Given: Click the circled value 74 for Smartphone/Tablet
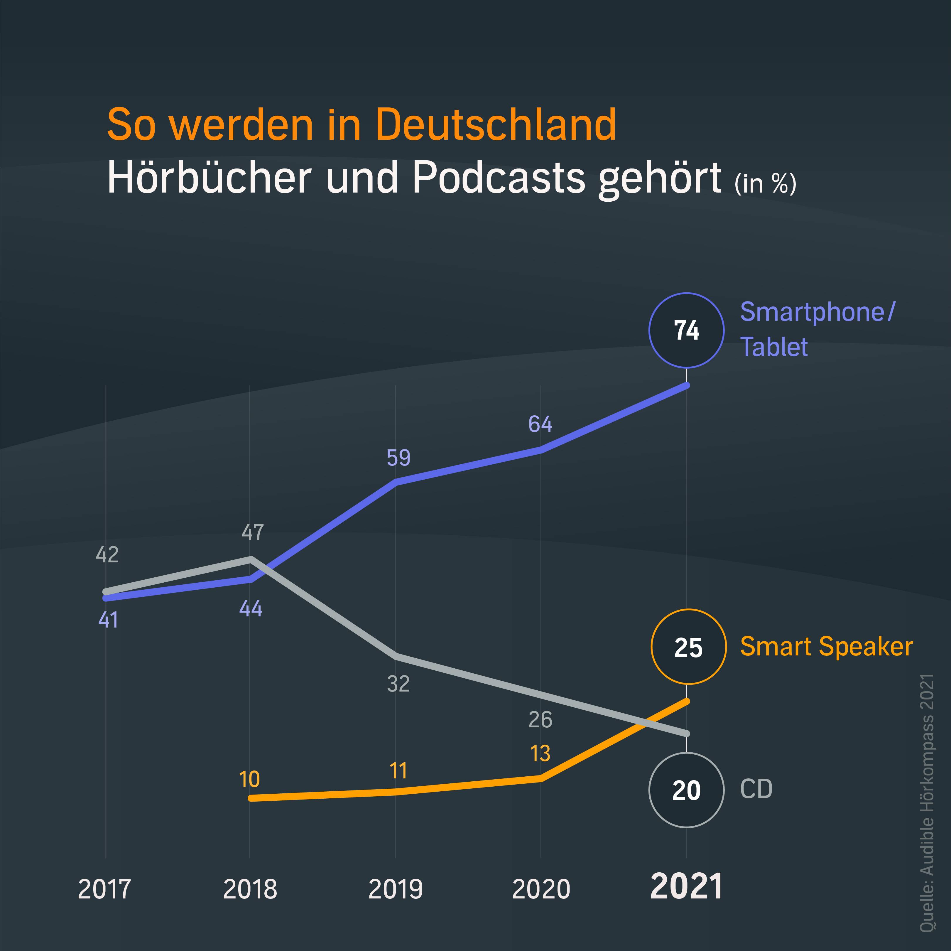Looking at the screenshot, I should click(x=686, y=331).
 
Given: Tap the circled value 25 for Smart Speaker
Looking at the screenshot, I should click(x=688, y=648).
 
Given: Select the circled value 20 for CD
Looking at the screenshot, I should click(x=686, y=790).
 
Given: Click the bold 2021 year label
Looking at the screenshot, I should click(x=686, y=886).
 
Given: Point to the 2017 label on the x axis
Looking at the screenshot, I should click(x=104, y=889).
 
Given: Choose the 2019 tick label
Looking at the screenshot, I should click(x=395, y=889).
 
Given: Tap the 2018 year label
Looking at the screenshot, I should click(x=250, y=889).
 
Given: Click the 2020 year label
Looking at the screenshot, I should click(x=540, y=889).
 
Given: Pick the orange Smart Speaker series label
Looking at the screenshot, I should click(x=826, y=647).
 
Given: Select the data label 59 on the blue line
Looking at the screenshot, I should click(x=398, y=458).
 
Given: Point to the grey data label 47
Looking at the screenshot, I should click(x=253, y=532).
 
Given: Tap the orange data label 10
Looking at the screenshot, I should click(x=249, y=780).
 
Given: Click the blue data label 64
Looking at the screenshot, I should click(x=540, y=424).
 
